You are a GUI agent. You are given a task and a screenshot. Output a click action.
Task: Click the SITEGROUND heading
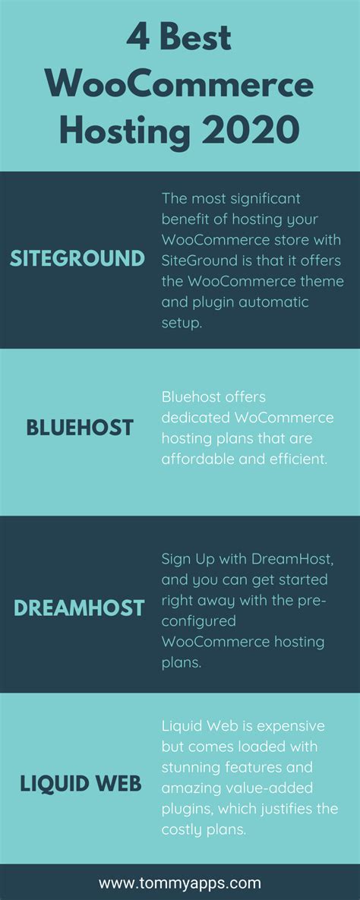[x=77, y=259]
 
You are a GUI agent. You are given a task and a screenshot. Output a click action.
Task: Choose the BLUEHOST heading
[x=80, y=428]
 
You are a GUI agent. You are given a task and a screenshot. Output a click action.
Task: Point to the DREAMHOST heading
[x=79, y=608]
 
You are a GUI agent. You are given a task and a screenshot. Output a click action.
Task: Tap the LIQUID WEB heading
[x=81, y=784]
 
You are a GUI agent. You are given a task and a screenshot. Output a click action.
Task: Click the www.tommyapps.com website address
[x=180, y=883]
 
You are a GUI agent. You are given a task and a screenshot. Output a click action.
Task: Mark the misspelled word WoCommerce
[x=284, y=418]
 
